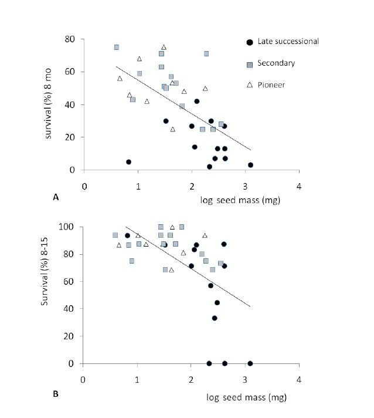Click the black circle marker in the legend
point(250,42)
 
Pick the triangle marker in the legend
point(250,85)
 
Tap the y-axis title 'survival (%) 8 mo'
point(50,105)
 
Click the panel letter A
point(56,198)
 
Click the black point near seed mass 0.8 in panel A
point(128,162)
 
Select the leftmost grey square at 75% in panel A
point(117,47)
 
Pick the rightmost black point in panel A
point(250,165)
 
